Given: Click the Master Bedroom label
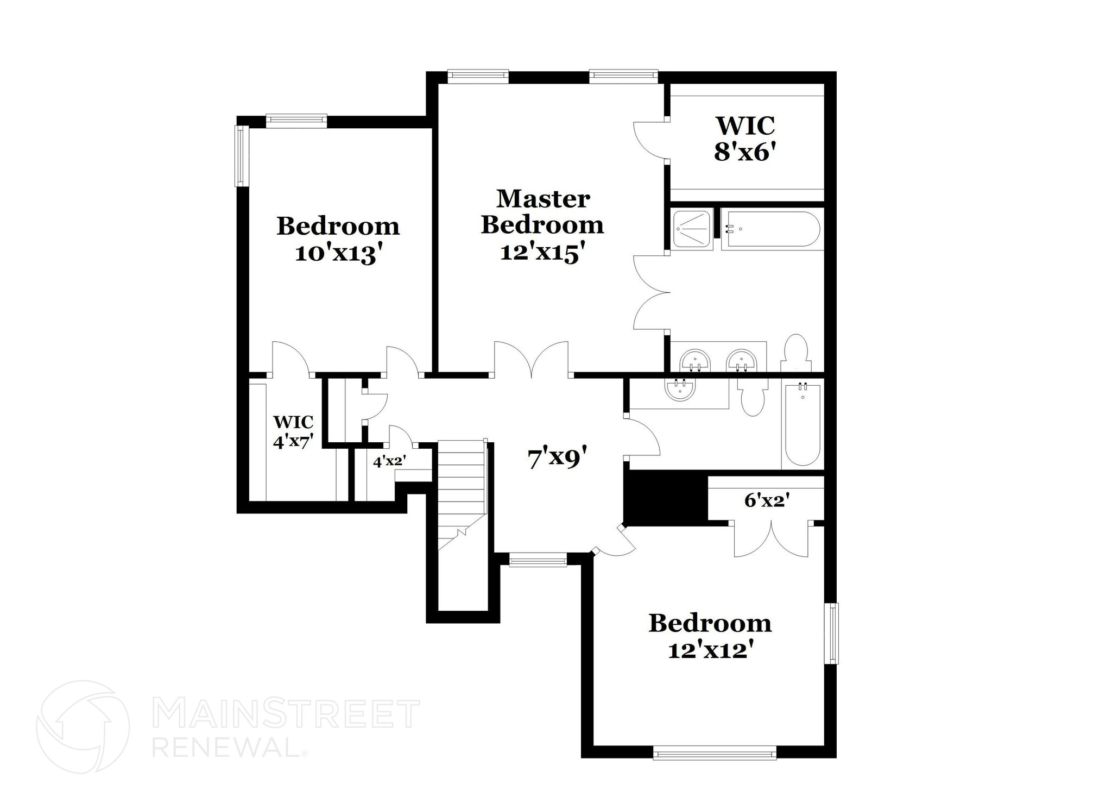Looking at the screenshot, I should coord(542,212).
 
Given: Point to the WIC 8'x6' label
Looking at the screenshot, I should coord(744,139).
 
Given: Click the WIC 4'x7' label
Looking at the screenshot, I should coord(293,431).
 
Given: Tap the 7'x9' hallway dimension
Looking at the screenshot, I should coord(558,458).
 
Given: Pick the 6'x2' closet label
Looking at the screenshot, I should coord(766,500).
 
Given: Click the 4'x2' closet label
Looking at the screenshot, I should coord(389,461).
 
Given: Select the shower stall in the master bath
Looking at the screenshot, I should coord(692,229).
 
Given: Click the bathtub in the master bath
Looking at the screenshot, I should coord(771,230).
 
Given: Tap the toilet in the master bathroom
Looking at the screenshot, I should coord(796,353).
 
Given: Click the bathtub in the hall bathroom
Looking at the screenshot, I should coord(803,423).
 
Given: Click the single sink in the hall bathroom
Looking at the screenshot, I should coord(679,389).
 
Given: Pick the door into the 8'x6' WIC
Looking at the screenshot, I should coord(650,140).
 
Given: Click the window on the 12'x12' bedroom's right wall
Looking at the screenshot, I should coord(831,633).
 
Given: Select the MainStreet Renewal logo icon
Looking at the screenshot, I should coord(83,726).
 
